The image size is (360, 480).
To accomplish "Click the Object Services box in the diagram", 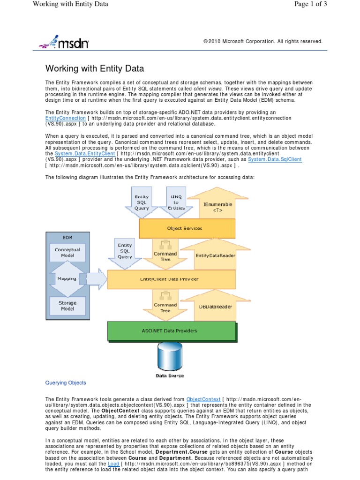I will click(x=185, y=228).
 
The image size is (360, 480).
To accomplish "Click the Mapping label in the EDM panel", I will click(x=67, y=278).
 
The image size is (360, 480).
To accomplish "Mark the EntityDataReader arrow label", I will click(x=215, y=255).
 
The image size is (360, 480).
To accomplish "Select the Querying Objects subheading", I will click(x=66, y=382).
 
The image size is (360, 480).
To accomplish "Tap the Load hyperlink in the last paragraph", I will click(x=113, y=464).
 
